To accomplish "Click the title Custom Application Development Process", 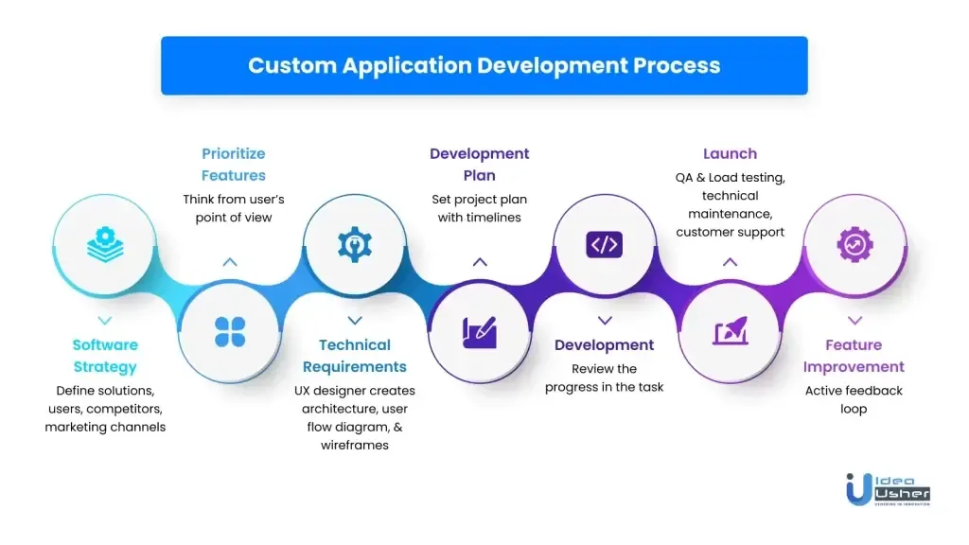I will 484,65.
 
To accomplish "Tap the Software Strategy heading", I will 105,356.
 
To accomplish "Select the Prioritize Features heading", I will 233,164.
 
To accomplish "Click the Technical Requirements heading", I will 355,356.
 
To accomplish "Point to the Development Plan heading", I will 480,164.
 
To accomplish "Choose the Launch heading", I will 730,153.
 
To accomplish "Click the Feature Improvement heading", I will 854,356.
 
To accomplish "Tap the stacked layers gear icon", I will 105,244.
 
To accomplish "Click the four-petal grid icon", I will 230,331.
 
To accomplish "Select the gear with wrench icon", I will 355,244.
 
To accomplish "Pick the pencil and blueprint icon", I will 480,331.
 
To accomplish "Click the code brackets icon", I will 605,244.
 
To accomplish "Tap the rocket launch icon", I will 730,331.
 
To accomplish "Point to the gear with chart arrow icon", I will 854,244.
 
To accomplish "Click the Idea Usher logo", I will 888,488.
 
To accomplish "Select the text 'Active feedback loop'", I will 854,400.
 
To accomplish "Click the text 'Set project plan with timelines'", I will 480,208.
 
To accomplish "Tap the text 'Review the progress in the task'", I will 605,378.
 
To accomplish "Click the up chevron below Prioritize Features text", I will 230,262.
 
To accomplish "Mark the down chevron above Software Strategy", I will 105,321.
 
